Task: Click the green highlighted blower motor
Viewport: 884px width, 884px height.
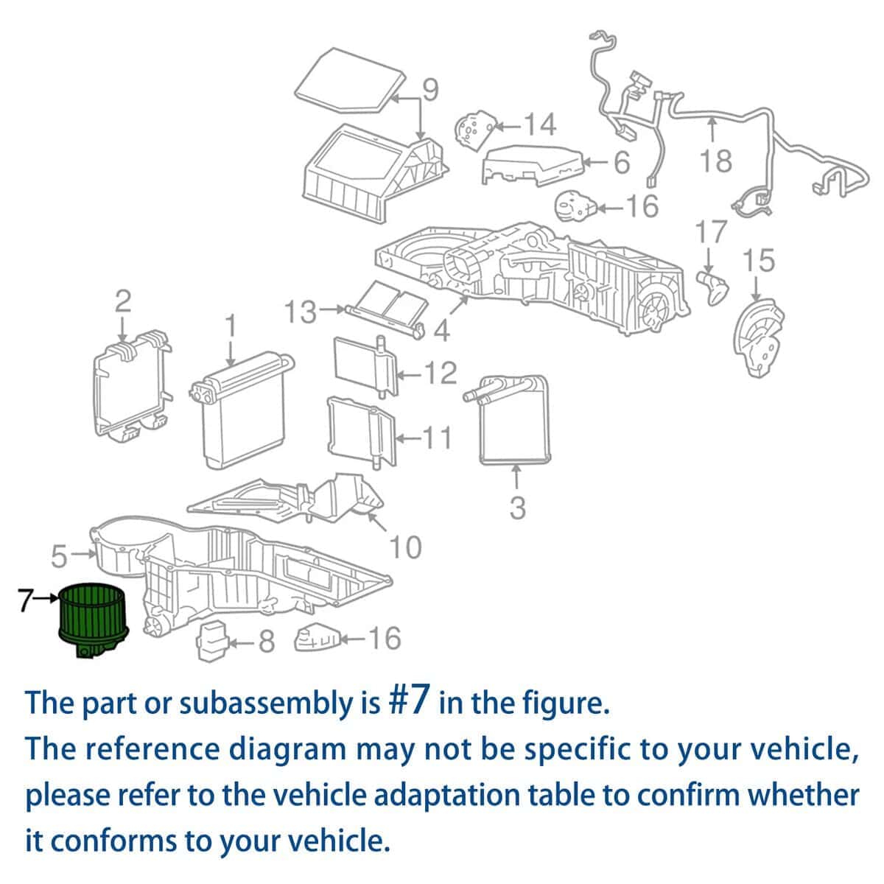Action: point(94,619)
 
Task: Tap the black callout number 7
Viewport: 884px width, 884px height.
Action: point(26,600)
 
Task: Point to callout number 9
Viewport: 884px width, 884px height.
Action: point(429,90)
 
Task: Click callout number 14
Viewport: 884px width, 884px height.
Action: point(541,124)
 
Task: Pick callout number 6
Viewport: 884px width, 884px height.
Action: point(622,163)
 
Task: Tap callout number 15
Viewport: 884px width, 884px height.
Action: point(759,260)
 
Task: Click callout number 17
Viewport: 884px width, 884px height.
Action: point(712,232)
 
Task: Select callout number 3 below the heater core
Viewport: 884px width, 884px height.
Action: point(517,508)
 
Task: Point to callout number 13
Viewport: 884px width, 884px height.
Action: point(301,312)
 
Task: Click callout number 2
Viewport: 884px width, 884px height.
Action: point(122,302)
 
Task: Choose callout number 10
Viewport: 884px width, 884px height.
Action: point(405,547)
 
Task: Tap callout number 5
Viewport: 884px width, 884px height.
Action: point(59,556)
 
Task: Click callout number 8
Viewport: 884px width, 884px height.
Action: point(267,641)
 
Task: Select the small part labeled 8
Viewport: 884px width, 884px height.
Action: point(212,641)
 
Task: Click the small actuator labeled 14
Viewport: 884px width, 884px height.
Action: point(476,130)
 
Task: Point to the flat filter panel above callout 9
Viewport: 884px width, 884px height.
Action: point(350,80)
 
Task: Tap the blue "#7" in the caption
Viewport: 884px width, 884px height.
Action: point(410,702)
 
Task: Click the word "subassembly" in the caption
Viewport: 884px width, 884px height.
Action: point(280,704)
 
